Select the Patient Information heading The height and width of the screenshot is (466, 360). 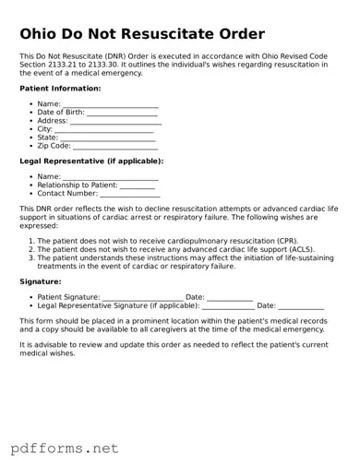coord(60,89)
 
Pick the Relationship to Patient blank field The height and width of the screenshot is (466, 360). coord(138,185)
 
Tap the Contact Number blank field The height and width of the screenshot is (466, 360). coord(129,194)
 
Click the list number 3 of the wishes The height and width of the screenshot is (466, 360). coord(30,258)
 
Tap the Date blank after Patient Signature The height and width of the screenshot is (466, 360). coord(230,297)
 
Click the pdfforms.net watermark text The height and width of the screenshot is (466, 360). coord(66,448)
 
